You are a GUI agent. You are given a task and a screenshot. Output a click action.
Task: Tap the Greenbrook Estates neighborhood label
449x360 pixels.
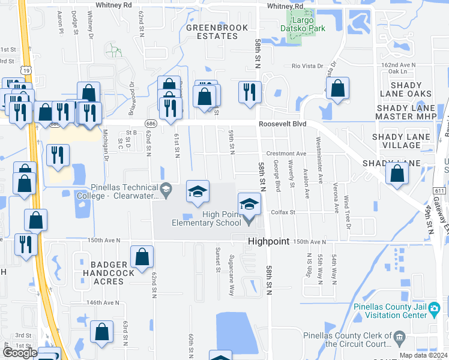click(212, 32)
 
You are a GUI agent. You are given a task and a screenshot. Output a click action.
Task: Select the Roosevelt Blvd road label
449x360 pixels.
click(283, 124)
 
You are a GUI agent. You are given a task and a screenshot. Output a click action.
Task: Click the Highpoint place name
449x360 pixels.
click(269, 241)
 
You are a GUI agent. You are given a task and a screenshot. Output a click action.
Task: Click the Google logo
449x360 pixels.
click(19, 353)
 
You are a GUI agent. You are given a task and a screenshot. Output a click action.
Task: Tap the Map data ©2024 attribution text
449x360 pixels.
click(423, 355)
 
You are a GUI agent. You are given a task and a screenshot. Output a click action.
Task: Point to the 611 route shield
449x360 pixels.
click(440, 190)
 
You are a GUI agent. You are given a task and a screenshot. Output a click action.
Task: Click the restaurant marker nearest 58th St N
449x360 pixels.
click(250, 92)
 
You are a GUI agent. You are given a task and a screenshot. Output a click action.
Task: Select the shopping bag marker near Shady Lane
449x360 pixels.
click(397, 173)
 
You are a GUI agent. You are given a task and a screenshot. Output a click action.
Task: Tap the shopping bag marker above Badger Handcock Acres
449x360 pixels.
click(142, 257)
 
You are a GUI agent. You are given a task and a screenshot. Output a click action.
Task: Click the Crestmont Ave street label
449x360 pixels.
click(286, 154)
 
